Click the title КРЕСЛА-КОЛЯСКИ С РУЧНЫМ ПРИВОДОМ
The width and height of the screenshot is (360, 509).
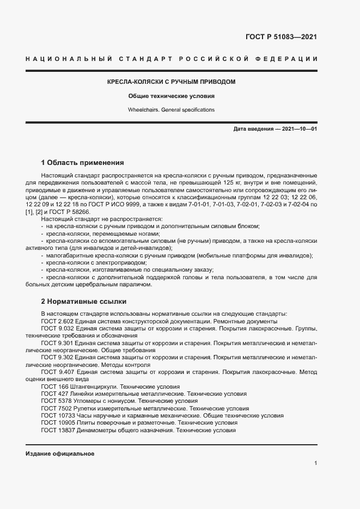point(171,82)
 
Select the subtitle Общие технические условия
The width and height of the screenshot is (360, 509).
point(171,96)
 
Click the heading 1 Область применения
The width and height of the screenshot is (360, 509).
point(82,162)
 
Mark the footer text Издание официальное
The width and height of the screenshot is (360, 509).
point(60,453)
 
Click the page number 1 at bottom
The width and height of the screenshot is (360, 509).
point(316,463)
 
